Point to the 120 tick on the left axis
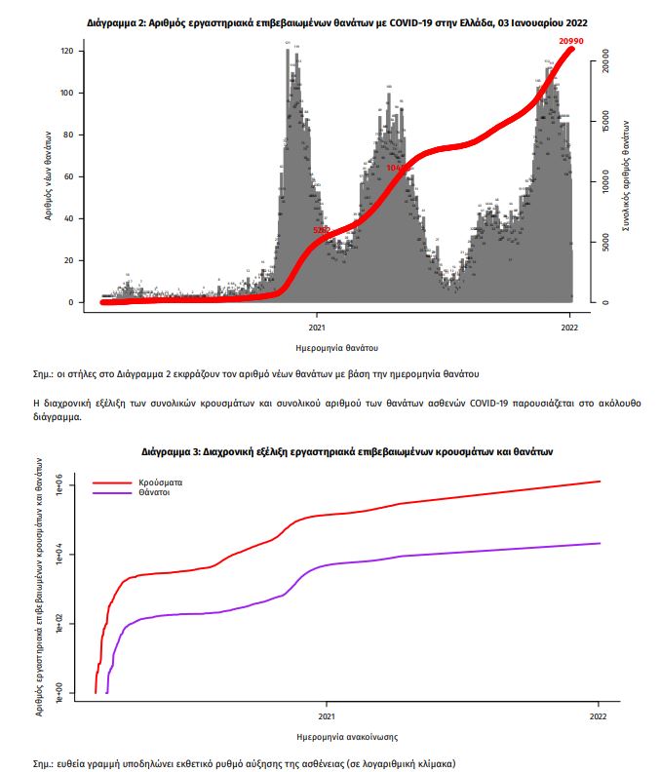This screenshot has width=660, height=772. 66,51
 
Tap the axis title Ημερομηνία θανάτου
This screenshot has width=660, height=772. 335,347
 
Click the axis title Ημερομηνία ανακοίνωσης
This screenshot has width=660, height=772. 345,737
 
